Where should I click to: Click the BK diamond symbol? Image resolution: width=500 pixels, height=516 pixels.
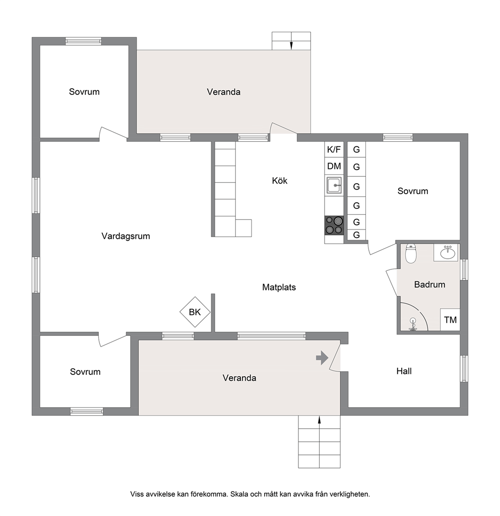(195, 312)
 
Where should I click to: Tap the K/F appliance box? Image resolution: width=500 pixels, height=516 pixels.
(334, 150)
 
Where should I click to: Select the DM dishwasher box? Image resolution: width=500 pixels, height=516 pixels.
(334, 166)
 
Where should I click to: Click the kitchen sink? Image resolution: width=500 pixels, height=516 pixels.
(334, 185)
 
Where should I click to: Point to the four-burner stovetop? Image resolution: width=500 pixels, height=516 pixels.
(334, 225)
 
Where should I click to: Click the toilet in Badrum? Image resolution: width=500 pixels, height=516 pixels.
(411, 253)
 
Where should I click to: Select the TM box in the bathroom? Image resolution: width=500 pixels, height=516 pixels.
(450, 320)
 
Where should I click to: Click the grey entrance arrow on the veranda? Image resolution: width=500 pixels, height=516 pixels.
(322, 358)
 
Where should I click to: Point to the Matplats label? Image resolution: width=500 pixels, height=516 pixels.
(279, 288)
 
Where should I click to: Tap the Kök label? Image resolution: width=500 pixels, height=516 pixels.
(280, 181)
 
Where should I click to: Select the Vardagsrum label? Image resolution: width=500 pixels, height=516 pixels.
(126, 236)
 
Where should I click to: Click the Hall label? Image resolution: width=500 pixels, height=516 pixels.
(404, 371)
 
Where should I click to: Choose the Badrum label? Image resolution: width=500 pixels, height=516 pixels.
(429, 284)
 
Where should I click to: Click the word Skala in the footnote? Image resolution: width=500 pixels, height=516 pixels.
(239, 494)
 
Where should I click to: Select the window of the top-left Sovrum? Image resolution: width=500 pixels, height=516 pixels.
(83, 41)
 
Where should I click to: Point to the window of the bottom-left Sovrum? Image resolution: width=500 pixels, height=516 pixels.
(87, 412)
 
